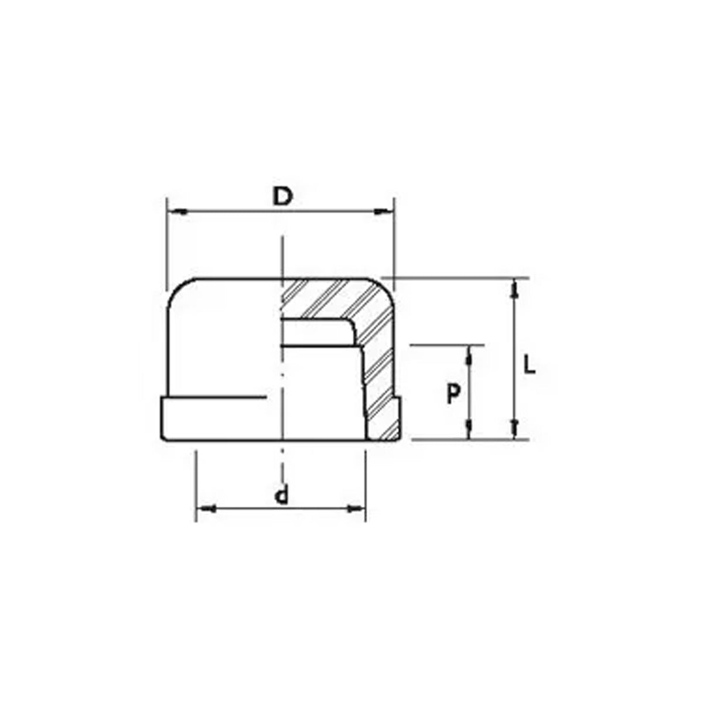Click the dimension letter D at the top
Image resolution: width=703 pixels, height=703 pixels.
tap(283, 197)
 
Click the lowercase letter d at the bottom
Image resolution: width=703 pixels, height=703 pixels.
tap(282, 496)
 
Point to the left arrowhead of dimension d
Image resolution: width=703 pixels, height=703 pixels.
tap(206, 509)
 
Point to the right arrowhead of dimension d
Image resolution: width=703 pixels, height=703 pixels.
tap(356, 509)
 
